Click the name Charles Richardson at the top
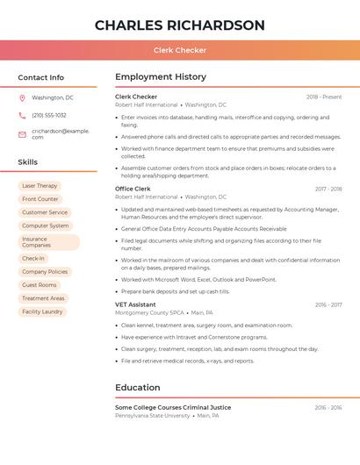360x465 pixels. (x=179, y=25)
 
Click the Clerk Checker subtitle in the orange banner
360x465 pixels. (x=179, y=50)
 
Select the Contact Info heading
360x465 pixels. (x=40, y=77)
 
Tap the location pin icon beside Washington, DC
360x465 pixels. (x=22, y=98)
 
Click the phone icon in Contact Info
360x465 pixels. (x=22, y=115)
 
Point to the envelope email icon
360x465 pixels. (x=22, y=133)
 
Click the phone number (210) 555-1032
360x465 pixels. (x=49, y=115)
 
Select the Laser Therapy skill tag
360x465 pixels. (x=40, y=186)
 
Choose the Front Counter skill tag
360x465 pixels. (x=40, y=199)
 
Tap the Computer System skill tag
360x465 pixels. (x=46, y=225)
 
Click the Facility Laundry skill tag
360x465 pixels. (x=42, y=311)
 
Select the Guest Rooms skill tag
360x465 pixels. (x=40, y=285)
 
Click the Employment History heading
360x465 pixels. (x=161, y=77)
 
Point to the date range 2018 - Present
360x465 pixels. (x=324, y=97)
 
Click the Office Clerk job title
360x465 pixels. (x=133, y=189)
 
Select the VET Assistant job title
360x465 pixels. (x=135, y=304)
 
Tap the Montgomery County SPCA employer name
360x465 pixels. (x=149, y=313)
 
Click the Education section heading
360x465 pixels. (x=138, y=387)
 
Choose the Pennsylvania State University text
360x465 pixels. (x=151, y=416)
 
